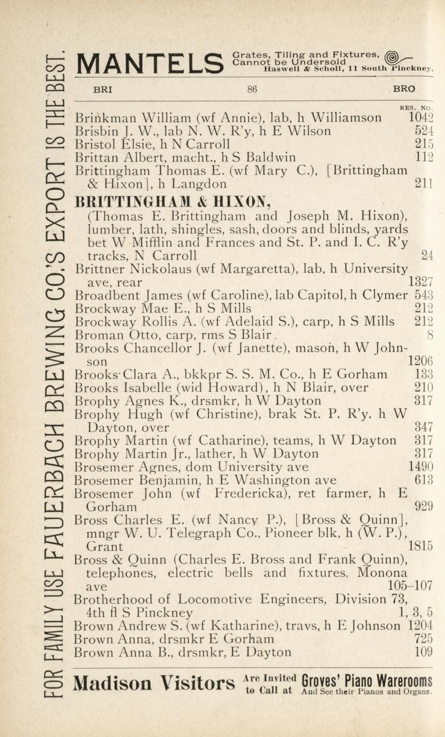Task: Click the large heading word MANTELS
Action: coord(149,64)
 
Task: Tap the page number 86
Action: coord(252,90)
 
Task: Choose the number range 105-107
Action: coord(408,586)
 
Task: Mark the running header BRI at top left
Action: coord(103,90)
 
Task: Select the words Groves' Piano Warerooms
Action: coord(366,681)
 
